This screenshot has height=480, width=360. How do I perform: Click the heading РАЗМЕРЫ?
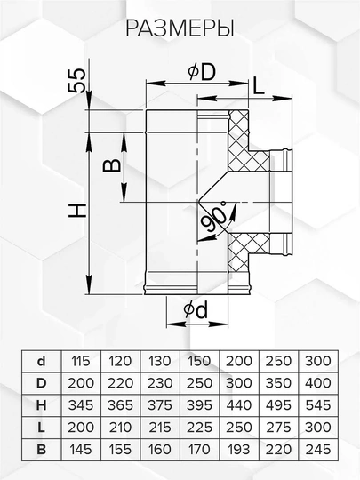click(180, 28)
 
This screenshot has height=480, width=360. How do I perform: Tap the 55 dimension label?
click(77, 80)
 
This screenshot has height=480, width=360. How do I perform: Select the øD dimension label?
click(202, 72)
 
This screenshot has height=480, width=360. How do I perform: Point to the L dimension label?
click(259, 85)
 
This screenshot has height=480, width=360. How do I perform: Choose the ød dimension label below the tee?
click(196, 309)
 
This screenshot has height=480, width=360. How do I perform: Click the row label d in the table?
click(41, 361)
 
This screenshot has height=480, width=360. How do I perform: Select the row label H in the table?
click(41, 405)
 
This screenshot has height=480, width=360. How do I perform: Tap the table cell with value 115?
click(81, 361)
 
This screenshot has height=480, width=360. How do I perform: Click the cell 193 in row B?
click(239, 450)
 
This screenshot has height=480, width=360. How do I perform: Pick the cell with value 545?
click(318, 405)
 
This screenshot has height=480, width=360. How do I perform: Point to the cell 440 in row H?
click(239, 405)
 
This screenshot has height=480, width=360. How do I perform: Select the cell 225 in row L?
click(199, 428)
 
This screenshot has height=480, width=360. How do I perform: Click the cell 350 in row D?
click(278, 383)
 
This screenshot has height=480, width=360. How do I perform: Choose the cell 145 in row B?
click(81, 450)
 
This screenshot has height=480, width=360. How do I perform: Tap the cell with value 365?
click(120, 405)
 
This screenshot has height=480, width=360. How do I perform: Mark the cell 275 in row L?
click(278, 428)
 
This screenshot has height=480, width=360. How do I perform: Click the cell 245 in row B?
click(318, 450)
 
